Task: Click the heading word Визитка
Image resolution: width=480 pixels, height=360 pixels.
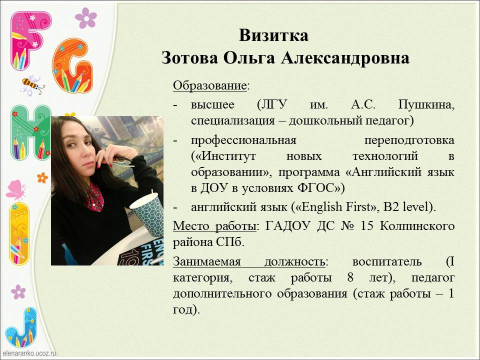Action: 273,35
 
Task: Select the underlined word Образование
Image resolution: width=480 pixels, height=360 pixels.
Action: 209,85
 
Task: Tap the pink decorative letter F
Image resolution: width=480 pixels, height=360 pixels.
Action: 29,40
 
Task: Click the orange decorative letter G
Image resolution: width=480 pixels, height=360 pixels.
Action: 72,65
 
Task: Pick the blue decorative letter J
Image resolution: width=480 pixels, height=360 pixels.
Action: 21,327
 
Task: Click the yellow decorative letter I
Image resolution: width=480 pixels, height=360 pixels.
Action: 19,233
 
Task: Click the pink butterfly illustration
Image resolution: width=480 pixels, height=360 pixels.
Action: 15,190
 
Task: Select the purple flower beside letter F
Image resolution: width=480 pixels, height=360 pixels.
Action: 86,18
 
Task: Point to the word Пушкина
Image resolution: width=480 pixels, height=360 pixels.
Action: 426,105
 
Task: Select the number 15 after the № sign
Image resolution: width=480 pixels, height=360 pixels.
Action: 367,226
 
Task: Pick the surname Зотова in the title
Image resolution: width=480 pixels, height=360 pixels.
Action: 190,58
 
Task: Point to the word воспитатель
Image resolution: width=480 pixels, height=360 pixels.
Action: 387,261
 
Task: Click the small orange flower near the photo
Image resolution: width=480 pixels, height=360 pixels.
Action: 42,177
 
